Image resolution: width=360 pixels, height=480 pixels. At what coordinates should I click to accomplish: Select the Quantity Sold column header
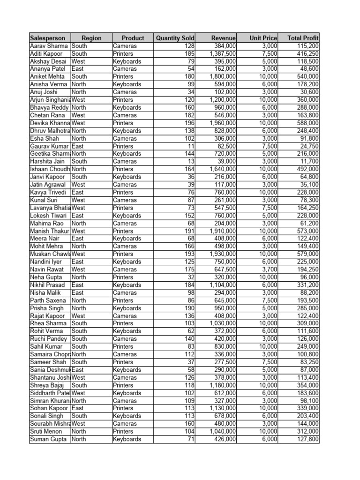pos(175,38)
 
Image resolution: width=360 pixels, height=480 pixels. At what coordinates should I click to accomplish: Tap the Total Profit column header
pos(303,38)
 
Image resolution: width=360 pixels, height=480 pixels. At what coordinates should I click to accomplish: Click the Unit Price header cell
pos(263,38)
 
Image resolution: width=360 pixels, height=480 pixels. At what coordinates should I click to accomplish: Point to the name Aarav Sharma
pos(49,46)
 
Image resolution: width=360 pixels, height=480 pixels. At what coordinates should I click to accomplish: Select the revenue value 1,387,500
pos(223,54)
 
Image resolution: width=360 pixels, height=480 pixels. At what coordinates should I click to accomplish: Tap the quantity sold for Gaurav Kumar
pos(191,146)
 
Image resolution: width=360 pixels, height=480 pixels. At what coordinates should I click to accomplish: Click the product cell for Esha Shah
pos(125,138)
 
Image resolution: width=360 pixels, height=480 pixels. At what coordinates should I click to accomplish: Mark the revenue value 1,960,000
pos(223,123)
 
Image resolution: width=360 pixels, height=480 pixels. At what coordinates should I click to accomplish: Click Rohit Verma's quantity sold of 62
pos(190,331)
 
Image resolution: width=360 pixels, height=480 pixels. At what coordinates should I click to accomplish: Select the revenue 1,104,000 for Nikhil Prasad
pos(223,285)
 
